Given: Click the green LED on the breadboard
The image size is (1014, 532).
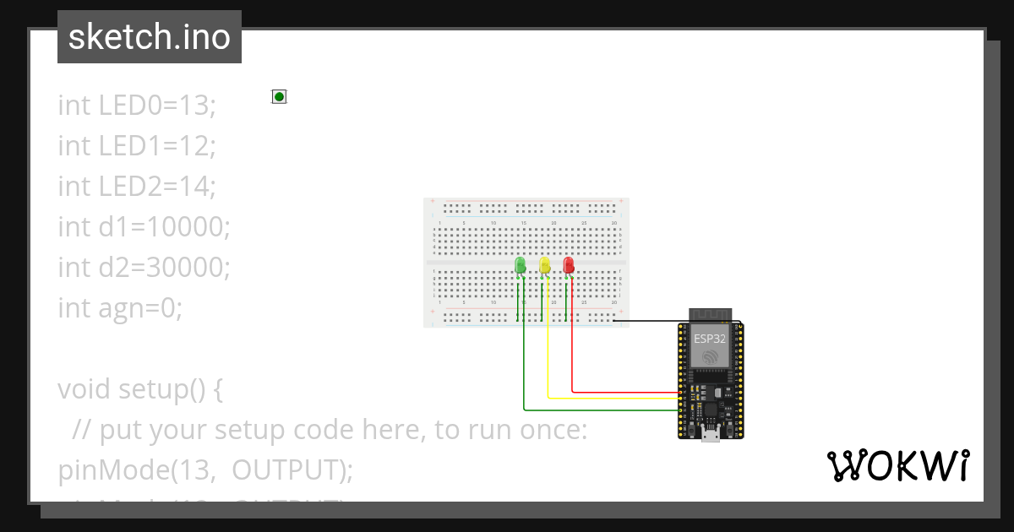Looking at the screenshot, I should [520, 267].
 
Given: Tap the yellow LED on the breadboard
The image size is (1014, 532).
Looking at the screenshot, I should [544, 267].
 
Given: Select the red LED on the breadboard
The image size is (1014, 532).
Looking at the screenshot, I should [569, 267].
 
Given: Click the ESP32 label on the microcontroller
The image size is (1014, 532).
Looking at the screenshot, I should [711, 338].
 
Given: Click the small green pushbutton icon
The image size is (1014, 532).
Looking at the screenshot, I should [279, 96].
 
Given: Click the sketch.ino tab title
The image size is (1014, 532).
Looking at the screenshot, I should [149, 37].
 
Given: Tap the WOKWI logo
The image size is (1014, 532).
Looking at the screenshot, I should [897, 465].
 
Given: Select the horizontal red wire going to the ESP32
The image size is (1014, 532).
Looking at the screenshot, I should [625, 392].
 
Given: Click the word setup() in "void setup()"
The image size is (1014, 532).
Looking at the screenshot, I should [170, 389].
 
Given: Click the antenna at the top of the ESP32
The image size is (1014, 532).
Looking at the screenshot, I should [711, 314].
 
